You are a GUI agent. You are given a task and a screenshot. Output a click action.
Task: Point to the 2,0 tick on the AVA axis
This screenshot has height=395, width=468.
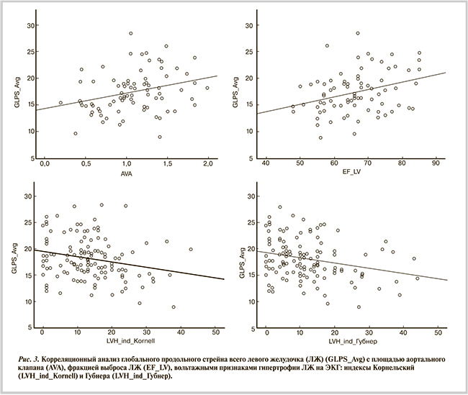point(208,165)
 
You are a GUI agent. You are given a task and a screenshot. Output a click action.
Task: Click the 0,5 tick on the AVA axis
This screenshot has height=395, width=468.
point(86,165)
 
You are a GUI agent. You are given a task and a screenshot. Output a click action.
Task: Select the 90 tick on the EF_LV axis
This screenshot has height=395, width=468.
point(435,165)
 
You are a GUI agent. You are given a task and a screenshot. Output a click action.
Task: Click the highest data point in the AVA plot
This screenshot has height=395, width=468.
point(131,33)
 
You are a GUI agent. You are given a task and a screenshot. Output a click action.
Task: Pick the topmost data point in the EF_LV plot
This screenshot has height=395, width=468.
point(357,33)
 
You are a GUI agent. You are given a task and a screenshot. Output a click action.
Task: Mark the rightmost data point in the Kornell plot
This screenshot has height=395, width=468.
point(191,249)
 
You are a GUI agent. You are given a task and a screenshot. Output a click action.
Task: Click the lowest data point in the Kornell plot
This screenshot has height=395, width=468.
point(174,307)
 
